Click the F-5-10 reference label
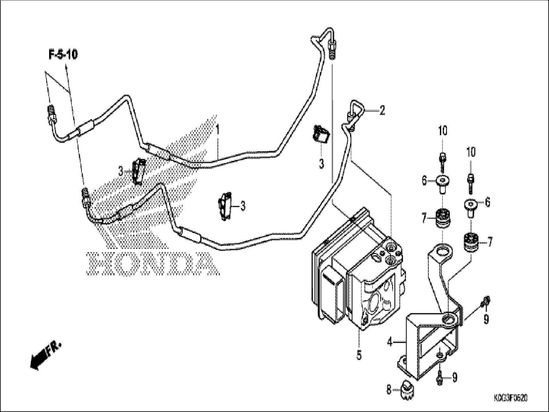click(x=63, y=55)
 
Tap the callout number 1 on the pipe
click(x=218, y=130)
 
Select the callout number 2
click(x=382, y=110)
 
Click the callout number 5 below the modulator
click(x=359, y=355)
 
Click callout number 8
click(x=389, y=390)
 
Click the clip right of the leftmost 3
click(x=139, y=171)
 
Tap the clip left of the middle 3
click(x=225, y=206)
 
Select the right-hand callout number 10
click(x=471, y=153)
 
